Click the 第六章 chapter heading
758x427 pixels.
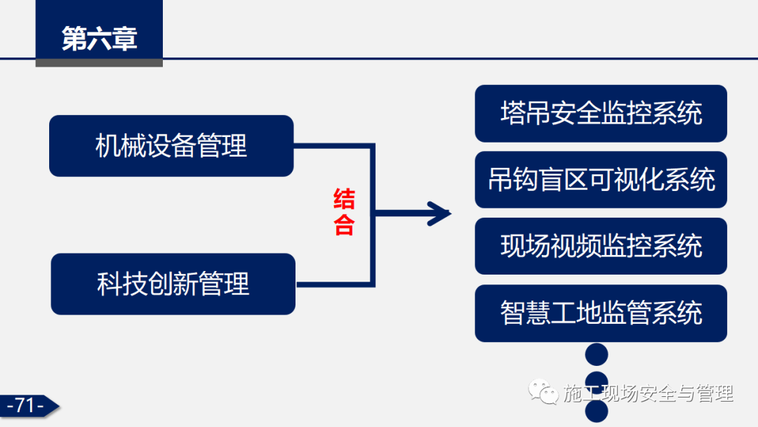click(99, 39)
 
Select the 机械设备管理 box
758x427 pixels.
click(171, 146)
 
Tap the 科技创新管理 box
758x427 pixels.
click(173, 284)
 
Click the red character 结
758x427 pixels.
click(344, 199)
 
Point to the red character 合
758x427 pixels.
click(344, 225)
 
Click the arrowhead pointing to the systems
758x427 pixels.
click(439, 213)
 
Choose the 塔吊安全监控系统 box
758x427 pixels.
click(601, 113)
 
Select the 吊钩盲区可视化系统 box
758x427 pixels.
click(601, 180)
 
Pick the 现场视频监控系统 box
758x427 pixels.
click(601, 246)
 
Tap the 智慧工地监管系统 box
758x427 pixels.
click(601, 313)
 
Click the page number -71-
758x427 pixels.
click(25, 405)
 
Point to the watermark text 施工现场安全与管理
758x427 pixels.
click(648, 393)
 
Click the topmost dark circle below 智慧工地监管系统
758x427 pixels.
click(597, 355)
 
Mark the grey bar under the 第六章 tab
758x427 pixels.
click(99, 63)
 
